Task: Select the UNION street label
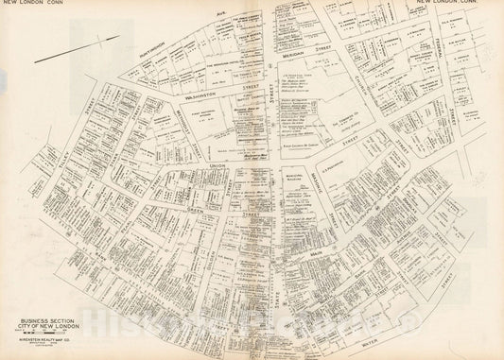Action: point(216,163)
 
